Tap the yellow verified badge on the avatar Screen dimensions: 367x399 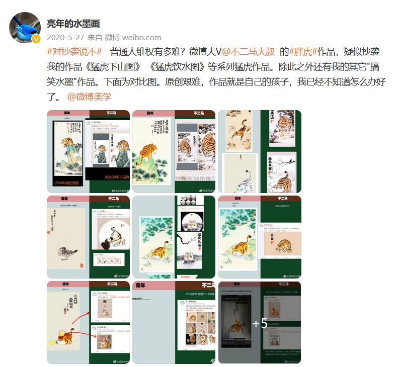[36, 39]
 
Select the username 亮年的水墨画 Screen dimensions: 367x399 [73, 23]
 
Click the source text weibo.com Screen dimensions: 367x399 [142, 37]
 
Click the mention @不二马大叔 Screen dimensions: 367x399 [249, 52]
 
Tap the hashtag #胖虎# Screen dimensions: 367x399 [302, 52]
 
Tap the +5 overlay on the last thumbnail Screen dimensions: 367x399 [260, 323]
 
